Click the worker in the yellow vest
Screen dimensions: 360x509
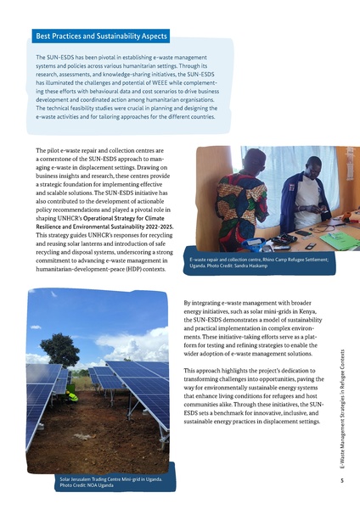[x=73, y=394]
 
